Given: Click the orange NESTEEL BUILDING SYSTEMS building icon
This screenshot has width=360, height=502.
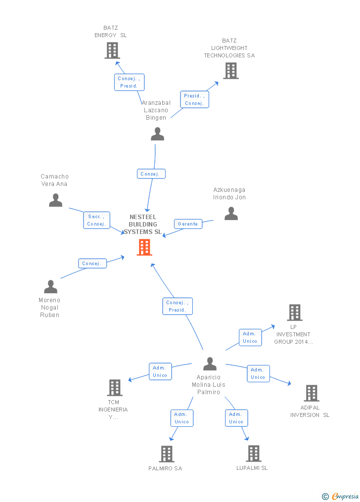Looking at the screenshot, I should point(144,247).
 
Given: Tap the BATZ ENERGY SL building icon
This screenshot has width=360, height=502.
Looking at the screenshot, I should point(112,50).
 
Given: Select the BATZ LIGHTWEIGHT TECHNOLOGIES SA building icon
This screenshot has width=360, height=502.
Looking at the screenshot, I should point(231,71).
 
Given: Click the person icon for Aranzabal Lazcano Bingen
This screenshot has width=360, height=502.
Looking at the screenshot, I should point(157,134).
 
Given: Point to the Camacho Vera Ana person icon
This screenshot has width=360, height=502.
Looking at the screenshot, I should point(56,200).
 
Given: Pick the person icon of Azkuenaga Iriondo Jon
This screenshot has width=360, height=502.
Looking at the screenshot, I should point(231,213).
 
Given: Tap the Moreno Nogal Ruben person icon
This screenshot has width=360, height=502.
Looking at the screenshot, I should point(50,287).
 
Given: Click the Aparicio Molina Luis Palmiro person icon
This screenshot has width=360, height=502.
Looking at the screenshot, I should point(210,364).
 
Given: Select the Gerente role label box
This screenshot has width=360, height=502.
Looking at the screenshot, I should point(188,224).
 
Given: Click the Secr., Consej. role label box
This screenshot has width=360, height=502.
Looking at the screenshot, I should point(96,220).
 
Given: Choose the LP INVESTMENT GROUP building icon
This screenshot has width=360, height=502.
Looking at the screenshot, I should point(295,313).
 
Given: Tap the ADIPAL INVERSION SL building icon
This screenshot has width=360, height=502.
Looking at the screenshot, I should point(311,393).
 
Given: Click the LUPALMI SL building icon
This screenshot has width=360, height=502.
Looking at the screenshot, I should point(253,454).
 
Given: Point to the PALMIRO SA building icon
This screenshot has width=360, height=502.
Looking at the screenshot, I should point(167,454).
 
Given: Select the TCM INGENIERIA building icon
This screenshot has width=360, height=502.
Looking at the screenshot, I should point(115,388).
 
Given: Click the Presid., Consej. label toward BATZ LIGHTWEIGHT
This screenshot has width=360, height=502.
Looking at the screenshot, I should point(194,99).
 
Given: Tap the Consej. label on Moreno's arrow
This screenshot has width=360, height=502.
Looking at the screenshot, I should point(92,264).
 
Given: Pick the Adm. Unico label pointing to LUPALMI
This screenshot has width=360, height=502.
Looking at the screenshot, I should point(236,418).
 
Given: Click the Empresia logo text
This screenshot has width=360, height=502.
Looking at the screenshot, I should point(345,496).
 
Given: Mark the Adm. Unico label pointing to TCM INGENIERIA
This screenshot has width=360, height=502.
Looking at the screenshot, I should point(160,371).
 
